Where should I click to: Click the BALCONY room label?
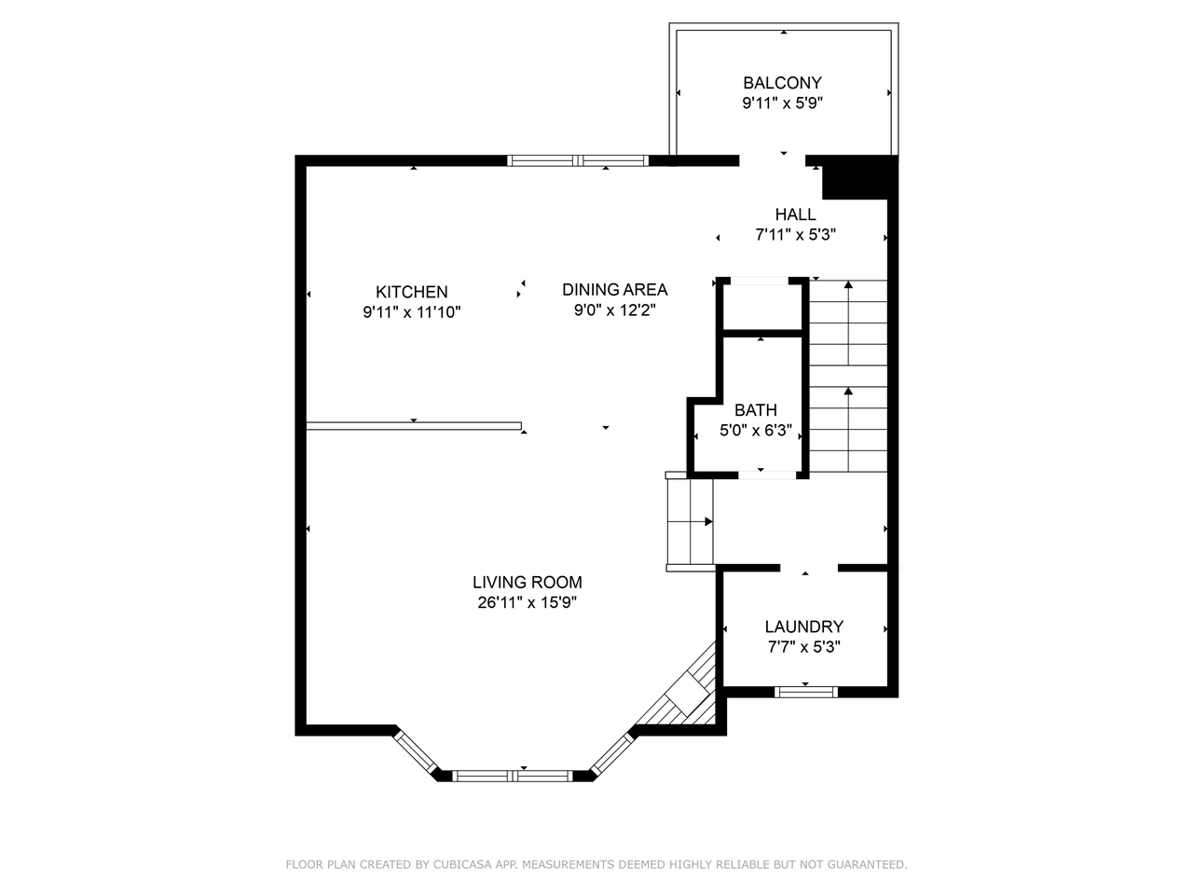[x=782, y=83]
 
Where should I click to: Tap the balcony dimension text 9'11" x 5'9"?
[x=782, y=103]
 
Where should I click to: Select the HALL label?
[x=795, y=214]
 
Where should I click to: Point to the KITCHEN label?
[x=411, y=292]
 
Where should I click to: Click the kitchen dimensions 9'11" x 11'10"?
[x=411, y=312]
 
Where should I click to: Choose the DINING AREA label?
[x=614, y=289]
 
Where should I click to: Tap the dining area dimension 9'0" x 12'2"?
[x=614, y=310]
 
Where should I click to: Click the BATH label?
[x=755, y=410]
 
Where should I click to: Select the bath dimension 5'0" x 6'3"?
[x=755, y=431]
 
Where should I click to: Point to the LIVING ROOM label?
[x=527, y=583]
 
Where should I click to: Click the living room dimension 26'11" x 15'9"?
[x=527, y=603]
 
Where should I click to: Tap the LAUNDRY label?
[x=803, y=627]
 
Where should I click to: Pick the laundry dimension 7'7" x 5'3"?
[x=803, y=647]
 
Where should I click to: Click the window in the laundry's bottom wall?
[x=806, y=692]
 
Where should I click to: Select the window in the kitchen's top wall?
[x=578, y=160]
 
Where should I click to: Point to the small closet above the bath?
[x=761, y=304]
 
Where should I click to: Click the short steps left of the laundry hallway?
[x=690, y=522]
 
